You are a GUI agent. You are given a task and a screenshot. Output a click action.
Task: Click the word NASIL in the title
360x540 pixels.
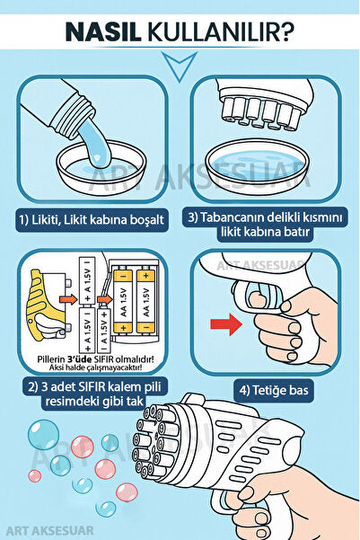coord(103,32)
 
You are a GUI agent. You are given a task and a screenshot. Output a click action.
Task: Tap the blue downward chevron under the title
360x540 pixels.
coord(180,66)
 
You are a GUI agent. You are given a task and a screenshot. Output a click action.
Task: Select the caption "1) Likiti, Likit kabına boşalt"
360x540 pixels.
coord(92,220)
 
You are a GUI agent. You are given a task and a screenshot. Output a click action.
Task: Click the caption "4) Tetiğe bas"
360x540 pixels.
coord(274,391)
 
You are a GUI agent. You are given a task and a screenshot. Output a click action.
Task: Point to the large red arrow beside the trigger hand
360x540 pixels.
coord(226,324)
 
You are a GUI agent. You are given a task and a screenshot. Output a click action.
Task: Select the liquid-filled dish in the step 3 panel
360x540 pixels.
coord(257,164)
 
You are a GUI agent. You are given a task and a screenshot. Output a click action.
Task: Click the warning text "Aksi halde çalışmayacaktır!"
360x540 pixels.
coord(96,367)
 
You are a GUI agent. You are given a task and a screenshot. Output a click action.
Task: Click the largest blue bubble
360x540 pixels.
coord(43,435)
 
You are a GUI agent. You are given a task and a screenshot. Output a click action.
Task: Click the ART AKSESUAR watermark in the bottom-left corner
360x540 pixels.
coord(50,531)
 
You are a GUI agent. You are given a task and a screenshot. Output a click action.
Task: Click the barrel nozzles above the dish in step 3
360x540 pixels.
coord(260,112)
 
